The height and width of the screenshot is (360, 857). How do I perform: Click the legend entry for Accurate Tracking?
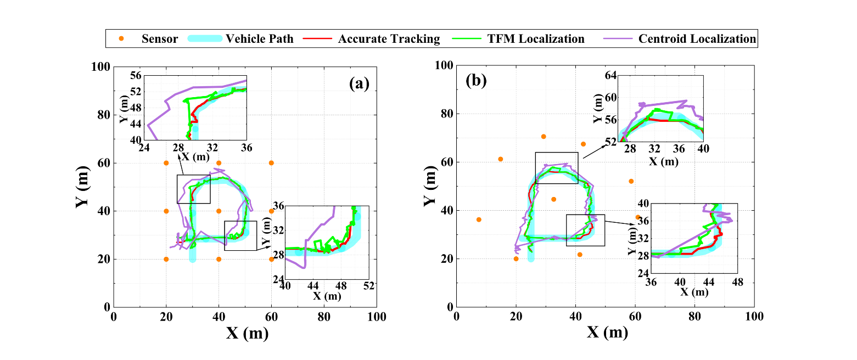pos(389,39)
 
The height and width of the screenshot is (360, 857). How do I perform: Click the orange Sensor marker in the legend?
pos(122,39)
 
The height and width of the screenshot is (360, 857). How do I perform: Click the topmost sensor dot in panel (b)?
pos(544,137)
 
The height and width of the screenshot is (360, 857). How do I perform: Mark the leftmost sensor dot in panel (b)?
pos(479,220)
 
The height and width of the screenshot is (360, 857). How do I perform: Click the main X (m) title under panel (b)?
pos(607,333)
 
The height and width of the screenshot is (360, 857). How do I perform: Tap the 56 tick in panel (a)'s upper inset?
pos(134,76)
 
